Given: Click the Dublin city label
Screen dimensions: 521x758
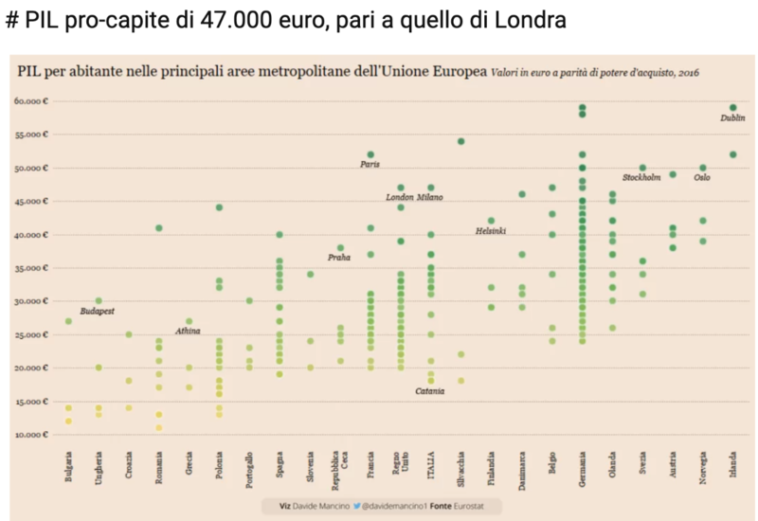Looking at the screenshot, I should click(732, 118).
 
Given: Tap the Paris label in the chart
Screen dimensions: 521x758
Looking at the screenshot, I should click(370, 165).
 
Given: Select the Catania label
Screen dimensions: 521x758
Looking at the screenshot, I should click(430, 391).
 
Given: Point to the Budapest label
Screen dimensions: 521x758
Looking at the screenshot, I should click(98, 311).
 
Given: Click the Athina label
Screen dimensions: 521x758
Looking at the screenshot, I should click(188, 331).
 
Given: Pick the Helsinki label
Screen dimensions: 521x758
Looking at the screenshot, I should click(491, 231).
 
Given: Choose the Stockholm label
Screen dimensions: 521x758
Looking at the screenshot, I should click(641, 178).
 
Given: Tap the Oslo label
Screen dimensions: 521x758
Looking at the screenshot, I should click(702, 177).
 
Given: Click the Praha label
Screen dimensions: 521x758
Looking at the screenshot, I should click(339, 258).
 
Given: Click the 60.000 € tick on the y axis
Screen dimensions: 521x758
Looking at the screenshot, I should click(31, 101).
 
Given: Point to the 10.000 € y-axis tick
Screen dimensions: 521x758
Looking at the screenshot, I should click(31, 435).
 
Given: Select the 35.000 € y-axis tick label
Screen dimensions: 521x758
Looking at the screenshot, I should click(31, 268).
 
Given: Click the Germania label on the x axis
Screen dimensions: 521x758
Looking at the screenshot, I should click(582, 469).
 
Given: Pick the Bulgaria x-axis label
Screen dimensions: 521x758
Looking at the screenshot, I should click(68, 470).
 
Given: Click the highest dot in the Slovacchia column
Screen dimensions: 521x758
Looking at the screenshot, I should click(460, 141).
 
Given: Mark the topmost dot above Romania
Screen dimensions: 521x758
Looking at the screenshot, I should click(159, 228).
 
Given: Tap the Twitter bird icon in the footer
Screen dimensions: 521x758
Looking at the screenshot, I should click(357, 507).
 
